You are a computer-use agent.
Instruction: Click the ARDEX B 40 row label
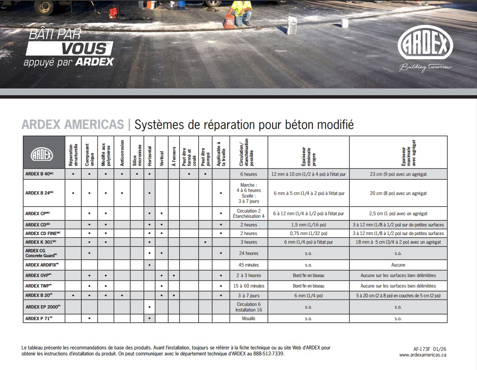pos(39,174)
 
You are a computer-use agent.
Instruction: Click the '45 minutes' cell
pos(249,265)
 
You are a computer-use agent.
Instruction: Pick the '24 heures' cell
pos(249,253)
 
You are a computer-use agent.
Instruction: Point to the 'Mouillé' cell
pos(249,319)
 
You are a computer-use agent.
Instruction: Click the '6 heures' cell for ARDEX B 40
pos(249,174)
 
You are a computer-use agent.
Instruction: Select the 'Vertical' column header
pos(162,158)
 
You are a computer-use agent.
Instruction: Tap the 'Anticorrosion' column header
pos(122,153)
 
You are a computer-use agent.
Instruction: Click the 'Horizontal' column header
pos(150,156)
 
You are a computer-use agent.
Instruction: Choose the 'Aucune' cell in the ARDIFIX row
pos(398,265)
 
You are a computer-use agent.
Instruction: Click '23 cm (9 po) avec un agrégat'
pos(398,174)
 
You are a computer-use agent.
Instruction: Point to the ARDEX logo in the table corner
pos(42,154)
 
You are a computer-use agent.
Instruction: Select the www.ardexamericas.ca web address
pos(422,355)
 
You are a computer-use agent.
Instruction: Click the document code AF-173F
pos(420,349)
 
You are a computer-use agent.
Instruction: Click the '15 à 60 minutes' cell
pos(249,286)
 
